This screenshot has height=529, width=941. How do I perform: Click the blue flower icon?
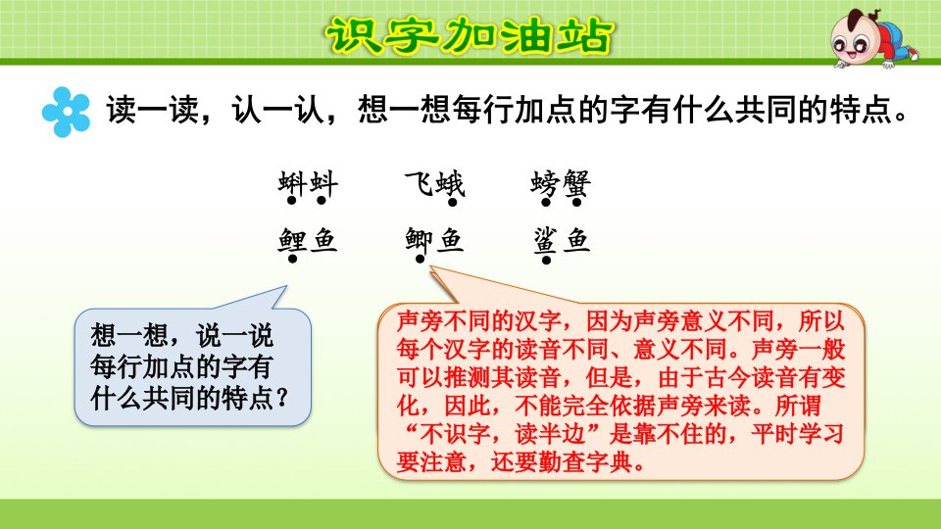click(66, 112)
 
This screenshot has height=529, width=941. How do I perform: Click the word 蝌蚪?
click(308, 183)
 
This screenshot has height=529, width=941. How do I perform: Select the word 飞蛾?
click(434, 183)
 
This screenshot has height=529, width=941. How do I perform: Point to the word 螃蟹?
click(561, 183)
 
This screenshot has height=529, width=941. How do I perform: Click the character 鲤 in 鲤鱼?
click(292, 241)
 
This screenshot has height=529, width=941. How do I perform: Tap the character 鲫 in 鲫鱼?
click(419, 241)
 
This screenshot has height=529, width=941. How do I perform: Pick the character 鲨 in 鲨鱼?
click(546, 241)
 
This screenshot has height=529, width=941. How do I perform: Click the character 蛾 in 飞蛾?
click(450, 183)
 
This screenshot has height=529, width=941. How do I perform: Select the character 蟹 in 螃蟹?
click(576, 183)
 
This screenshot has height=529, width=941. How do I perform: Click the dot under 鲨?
click(546, 260)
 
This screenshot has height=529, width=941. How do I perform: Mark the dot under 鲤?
click(292, 259)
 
